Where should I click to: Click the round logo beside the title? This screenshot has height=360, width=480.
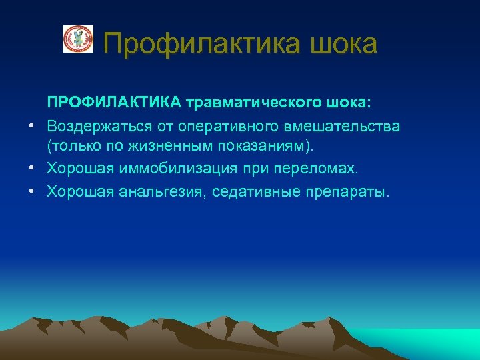click(x=78, y=39)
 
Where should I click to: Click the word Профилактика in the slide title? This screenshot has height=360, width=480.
click(x=204, y=44)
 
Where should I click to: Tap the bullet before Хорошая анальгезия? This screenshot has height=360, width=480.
click(x=31, y=193)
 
